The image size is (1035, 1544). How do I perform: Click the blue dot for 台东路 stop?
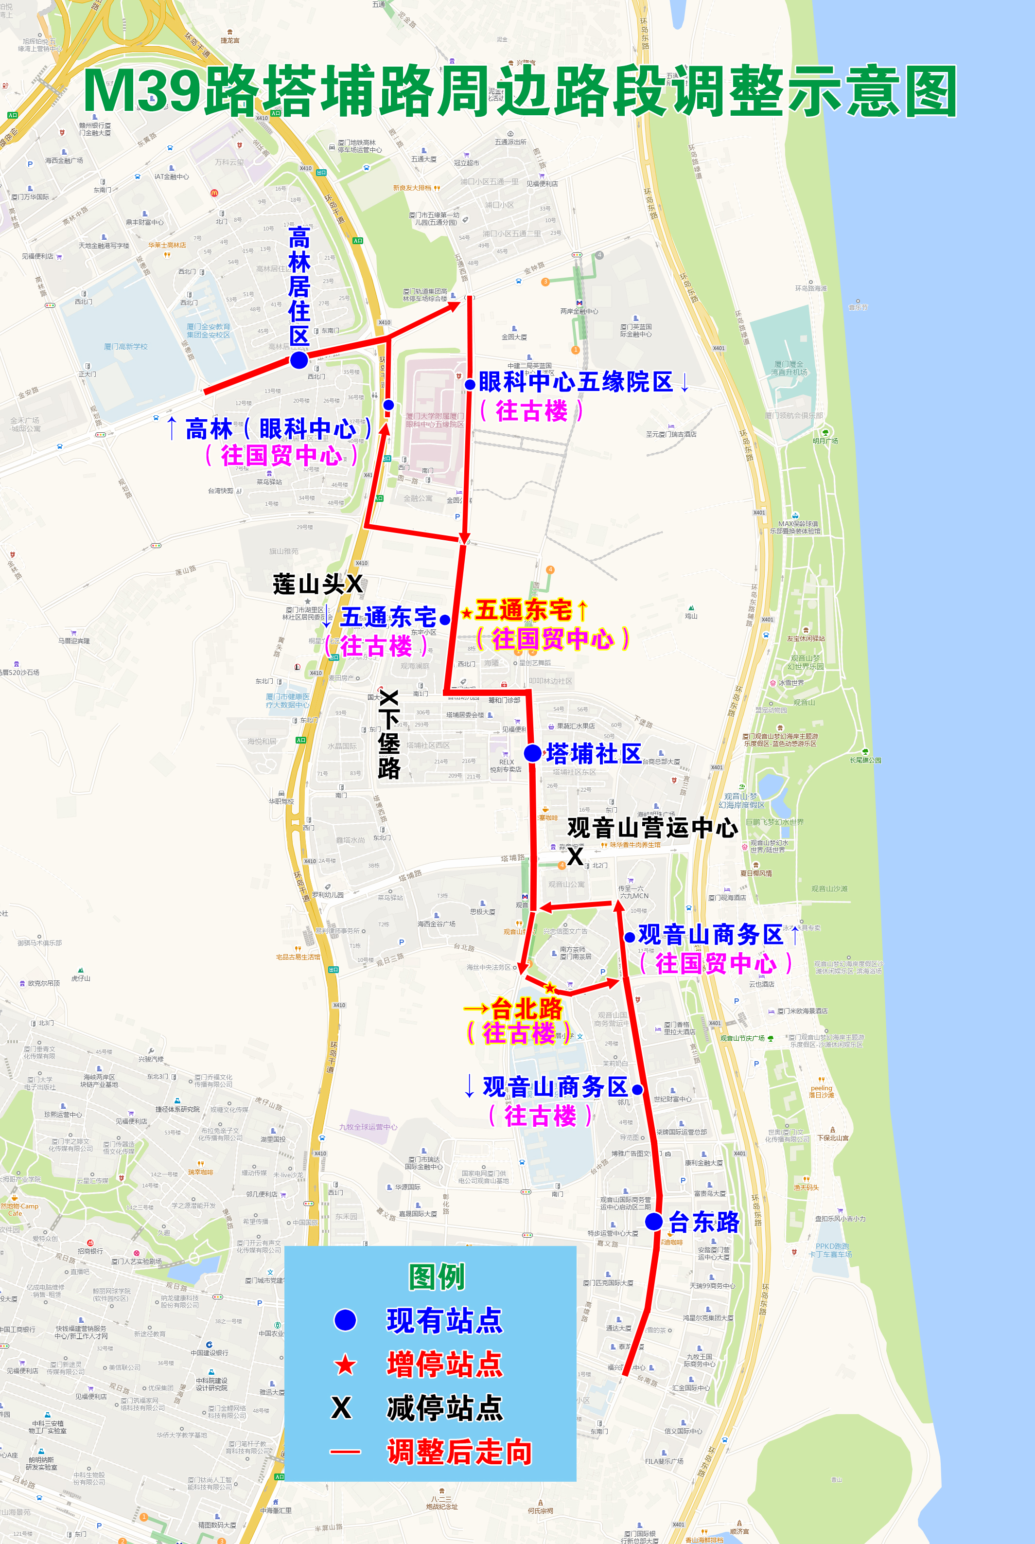point(653,1221)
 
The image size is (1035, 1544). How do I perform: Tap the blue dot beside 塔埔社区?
point(533,752)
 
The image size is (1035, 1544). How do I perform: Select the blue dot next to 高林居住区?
point(299,360)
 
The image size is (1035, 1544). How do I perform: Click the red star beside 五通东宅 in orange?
point(467,613)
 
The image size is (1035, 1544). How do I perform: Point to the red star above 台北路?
point(550,988)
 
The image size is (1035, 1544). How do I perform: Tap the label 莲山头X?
point(317,584)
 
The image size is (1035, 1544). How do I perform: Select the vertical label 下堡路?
point(389,736)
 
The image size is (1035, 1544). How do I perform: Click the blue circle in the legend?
point(345,1319)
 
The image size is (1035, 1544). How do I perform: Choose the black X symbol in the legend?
point(341,1407)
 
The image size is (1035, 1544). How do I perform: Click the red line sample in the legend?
point(345,1452)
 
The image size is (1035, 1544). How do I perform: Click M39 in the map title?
point(141,91)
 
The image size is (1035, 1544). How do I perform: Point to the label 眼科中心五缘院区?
point(576,382)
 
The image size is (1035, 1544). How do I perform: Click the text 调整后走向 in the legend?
point(459,1452)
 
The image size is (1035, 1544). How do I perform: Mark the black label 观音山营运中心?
point(652,827)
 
